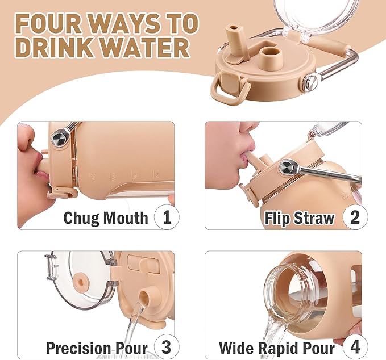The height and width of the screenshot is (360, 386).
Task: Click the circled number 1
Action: point(167,217)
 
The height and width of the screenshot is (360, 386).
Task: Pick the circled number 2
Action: point(355,217)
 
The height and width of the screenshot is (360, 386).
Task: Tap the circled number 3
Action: point(167,347)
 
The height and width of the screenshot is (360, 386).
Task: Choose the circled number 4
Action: point(355,347)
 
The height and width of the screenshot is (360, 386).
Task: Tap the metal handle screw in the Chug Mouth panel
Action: point(60,138)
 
